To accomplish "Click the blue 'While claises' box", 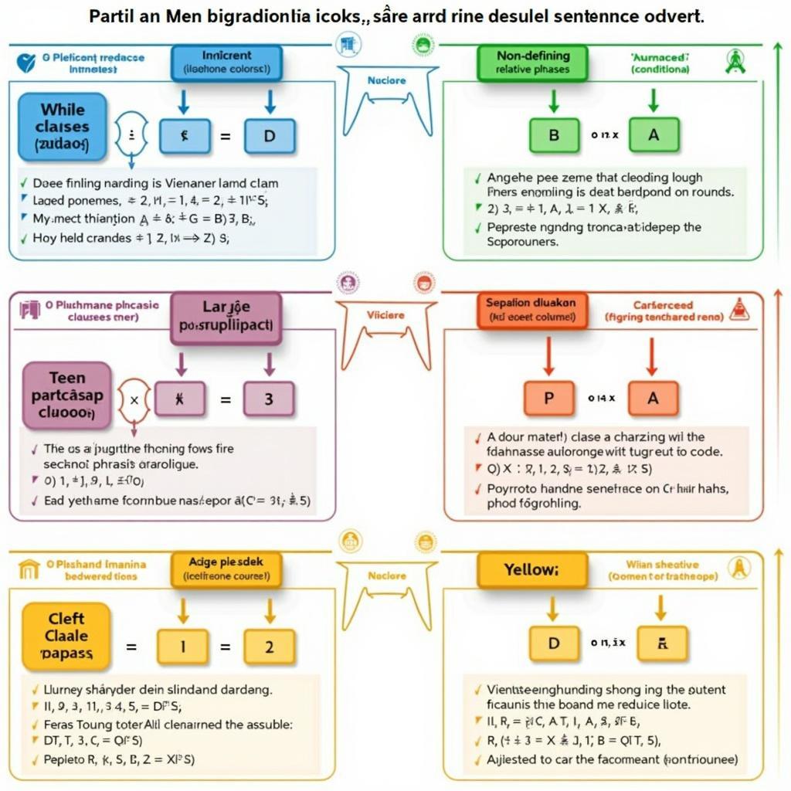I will pyautogui.click(x=63, y=127).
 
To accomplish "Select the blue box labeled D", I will pyautogui.click(x=269, y=136).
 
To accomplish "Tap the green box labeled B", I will pyautogui.click(x=554, y=134).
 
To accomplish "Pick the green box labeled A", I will pyautogui.click(x=654, y=134).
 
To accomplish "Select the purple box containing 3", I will pyautogui.click(x=269, y=399).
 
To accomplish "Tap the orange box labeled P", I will pyautogui.click(x=549, y=399).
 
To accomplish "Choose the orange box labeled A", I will pyautogui.click(x=653, y=399).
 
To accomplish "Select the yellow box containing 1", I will pyautogui.click(x=182, y=647).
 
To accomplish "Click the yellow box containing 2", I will pyautogui.click(x=269, y=647).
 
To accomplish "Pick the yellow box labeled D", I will pyautogui.click(x=554, y=643).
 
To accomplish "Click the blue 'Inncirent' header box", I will pyautogui.click(x=226, y=62).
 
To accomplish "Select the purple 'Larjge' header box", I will pyautogui.click(x=226, y=316).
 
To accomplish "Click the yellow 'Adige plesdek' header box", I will pyautogui.click(x=226, y=569).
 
